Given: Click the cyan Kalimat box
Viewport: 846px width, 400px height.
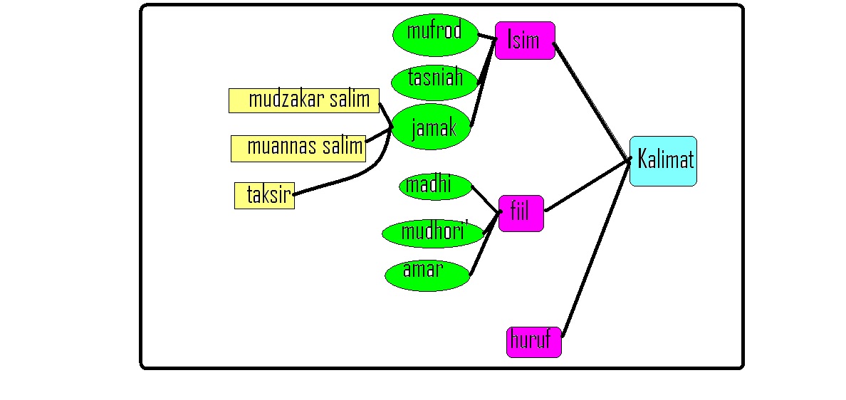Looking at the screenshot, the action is (x=663, y=161).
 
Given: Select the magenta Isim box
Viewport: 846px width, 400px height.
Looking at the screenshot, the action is (x=525, y=41).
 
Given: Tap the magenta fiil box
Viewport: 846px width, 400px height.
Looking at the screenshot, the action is (x=521, y=213).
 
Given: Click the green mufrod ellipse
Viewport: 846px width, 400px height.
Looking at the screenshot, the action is (x=434, y=34).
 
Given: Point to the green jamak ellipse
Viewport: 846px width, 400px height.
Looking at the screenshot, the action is (x=433, y=127).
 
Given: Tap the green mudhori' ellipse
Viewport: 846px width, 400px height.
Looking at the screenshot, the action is (x=433, y=233).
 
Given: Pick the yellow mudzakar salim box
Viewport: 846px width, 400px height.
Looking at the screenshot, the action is (x=303, y=100).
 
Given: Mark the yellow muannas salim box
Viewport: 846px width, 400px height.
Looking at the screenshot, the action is (x=298, y=148).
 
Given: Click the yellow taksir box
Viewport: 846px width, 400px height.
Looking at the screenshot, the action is (x=264, y=195).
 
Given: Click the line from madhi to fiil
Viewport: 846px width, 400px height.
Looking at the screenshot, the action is (x=486, y=199).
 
